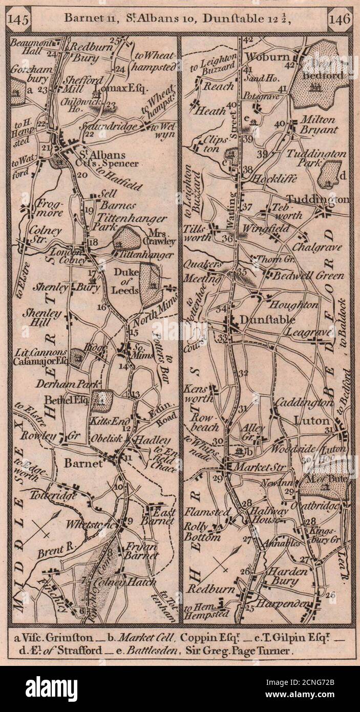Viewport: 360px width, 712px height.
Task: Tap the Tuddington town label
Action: (325, 199)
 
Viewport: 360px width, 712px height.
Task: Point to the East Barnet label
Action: (161, 516)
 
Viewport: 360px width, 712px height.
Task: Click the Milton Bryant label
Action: (314, 124)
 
